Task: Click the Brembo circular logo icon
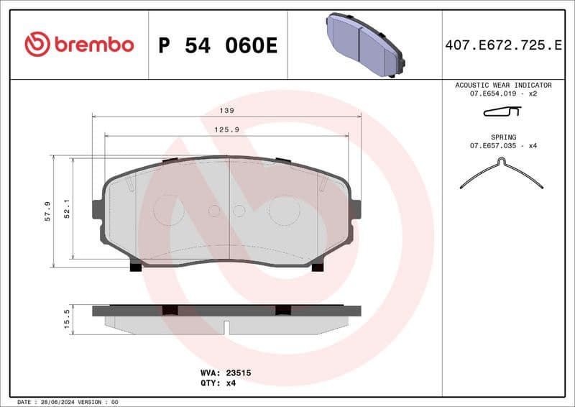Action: [37, 45]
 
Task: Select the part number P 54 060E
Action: [217, 45]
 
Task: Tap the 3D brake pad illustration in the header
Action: [364, 44]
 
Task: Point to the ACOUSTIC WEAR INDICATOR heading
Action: [503, 85]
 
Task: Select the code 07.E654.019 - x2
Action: [503, 94]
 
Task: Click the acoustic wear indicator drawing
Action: [502, 111]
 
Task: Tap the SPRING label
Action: [503, 137]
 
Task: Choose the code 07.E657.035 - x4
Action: [503, 146]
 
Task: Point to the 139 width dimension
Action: [227, 111]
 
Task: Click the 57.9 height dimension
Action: [47, 211]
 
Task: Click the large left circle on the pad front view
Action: [170, 210]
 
